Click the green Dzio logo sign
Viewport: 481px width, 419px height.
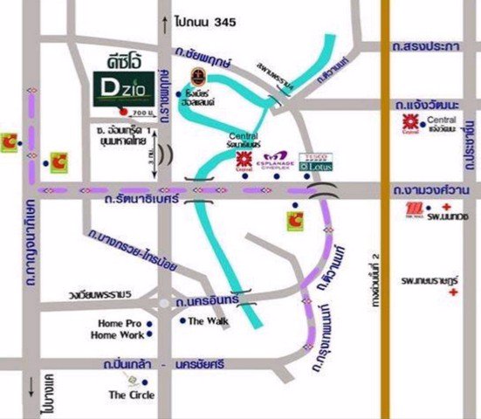pyautogui.click(x=120, y=91)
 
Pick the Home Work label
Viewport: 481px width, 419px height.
pyautogui.click(x=120, y=335)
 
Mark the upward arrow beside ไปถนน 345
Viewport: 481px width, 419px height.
pyautogui.click(x=162, y=19)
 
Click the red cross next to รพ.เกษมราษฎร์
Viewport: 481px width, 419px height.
pyautogui.click(x=452, y=293)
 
